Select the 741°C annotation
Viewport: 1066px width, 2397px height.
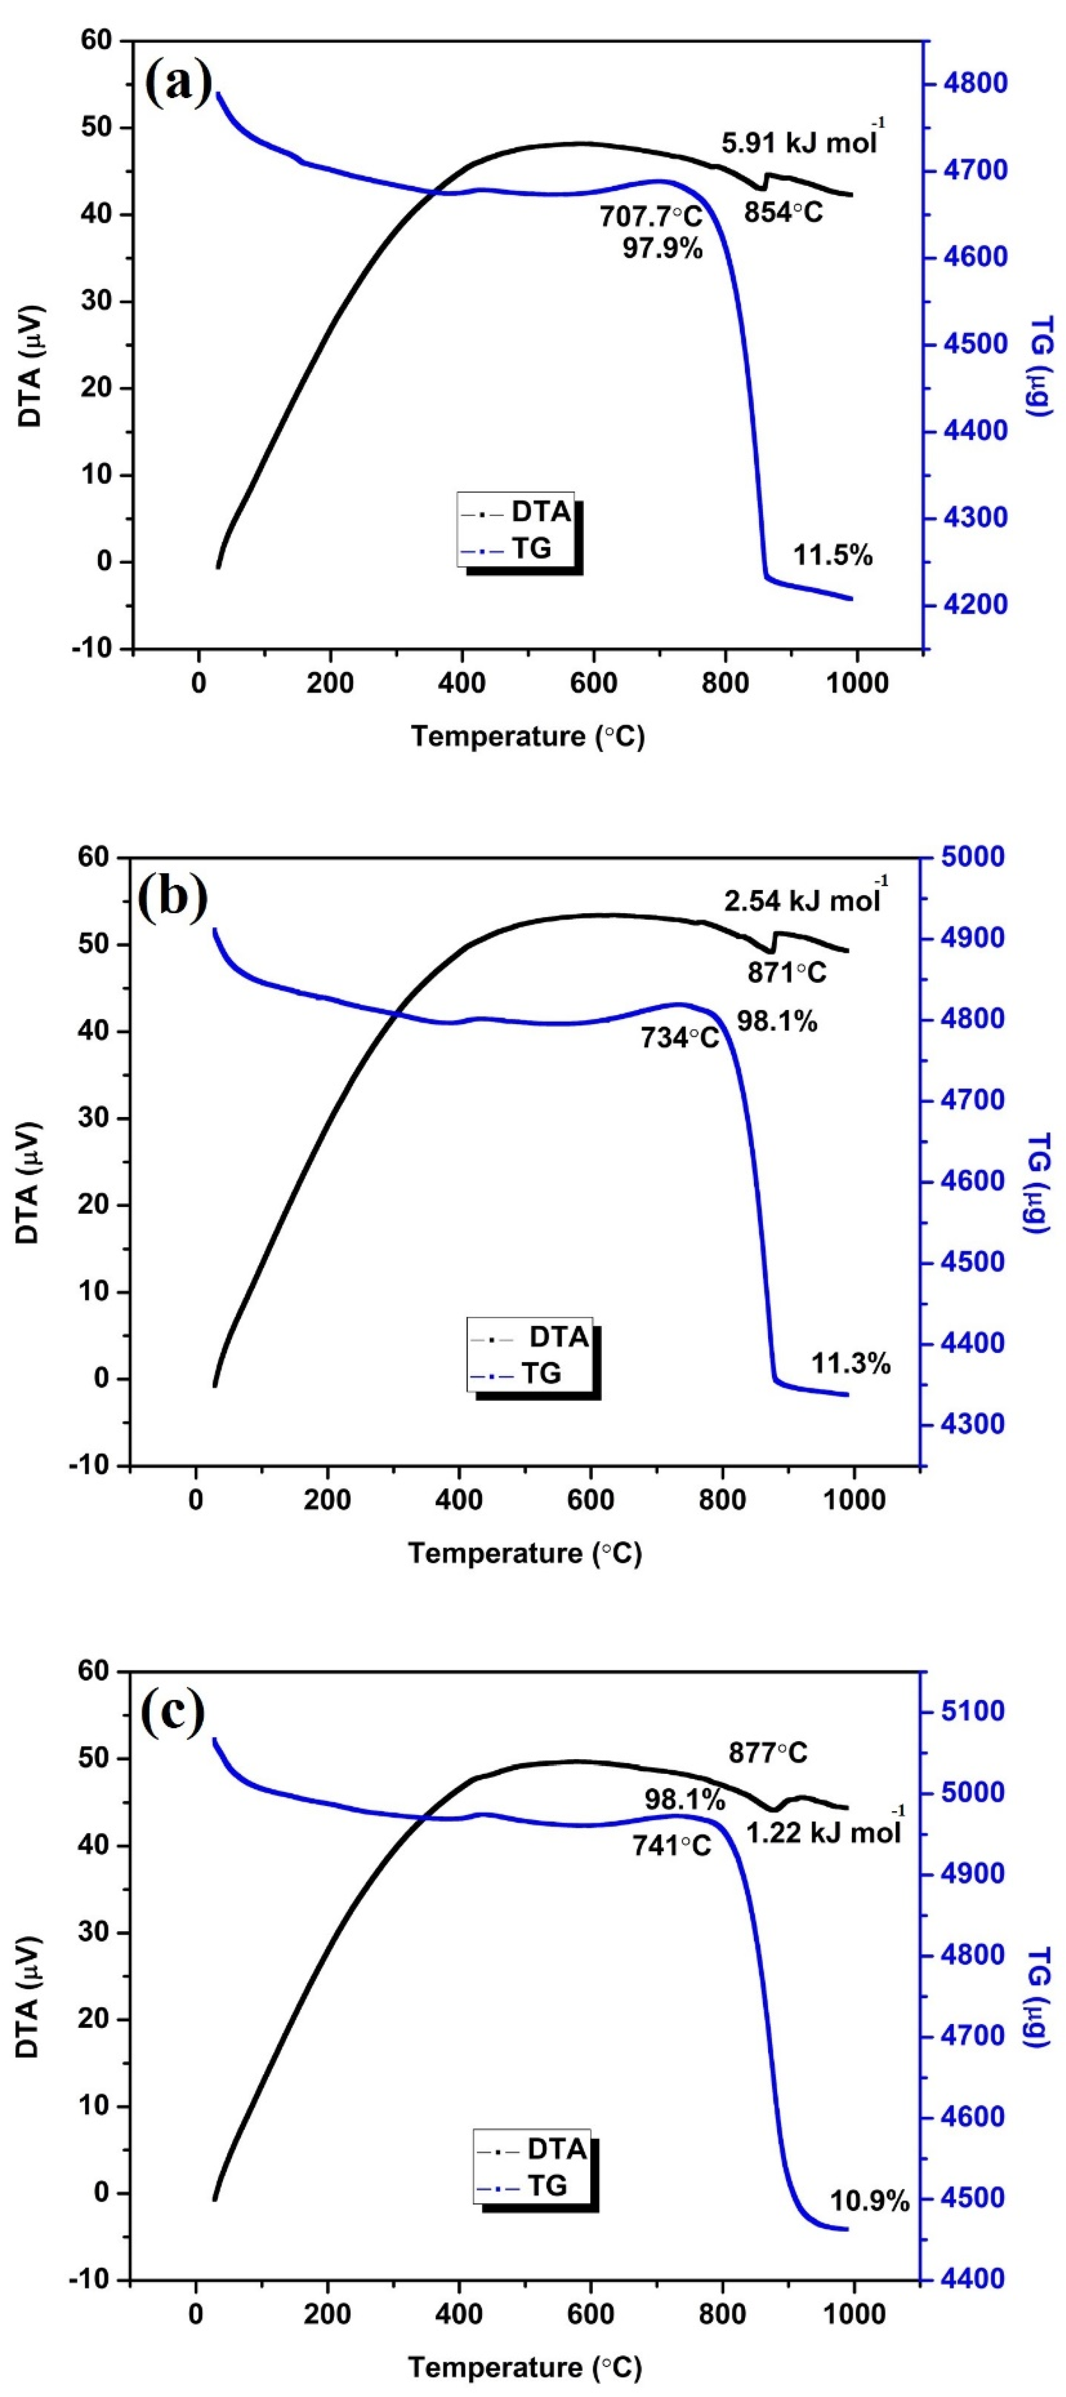tap(672, 1844)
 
